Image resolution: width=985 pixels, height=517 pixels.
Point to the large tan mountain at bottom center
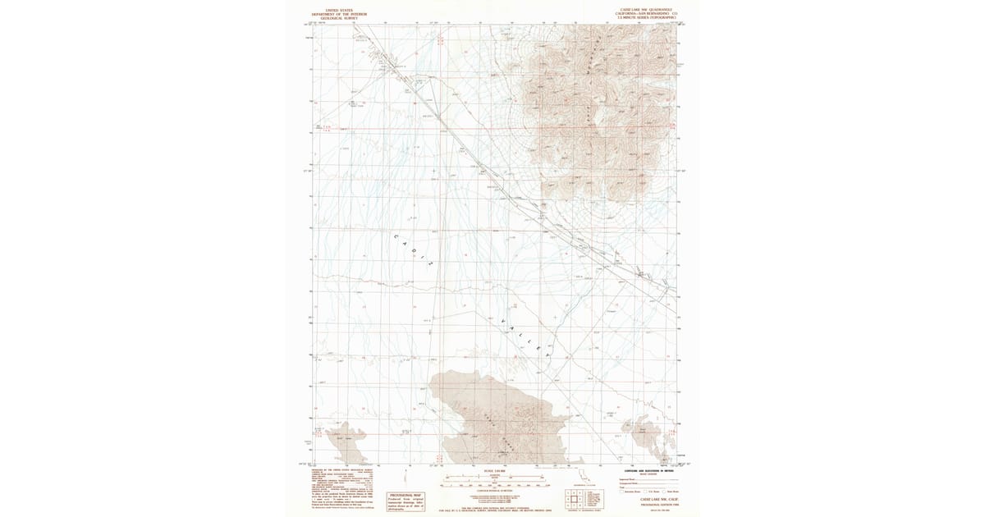pyautogui.click(x=492, y=419)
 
